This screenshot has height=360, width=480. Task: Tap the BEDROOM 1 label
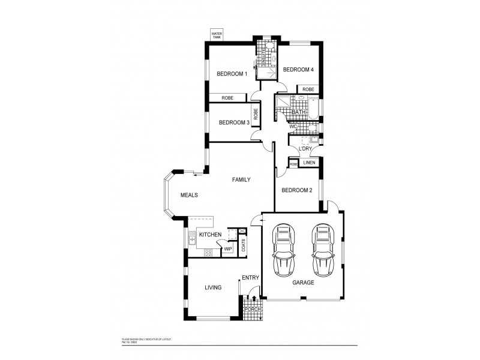pos(232,74)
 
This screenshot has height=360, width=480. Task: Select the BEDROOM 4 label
pos(298,70)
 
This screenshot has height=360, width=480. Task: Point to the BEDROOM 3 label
pos(234,122)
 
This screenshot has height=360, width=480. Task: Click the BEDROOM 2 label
pos(297,190)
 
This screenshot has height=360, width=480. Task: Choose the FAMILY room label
pos(242,179)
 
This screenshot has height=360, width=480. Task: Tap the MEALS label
pos(189,195)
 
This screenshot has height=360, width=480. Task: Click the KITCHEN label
pos(211,234)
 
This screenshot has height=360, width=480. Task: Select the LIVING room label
pos(213,287)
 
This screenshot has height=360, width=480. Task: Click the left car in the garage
pos(283,248)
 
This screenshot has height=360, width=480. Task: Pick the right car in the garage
pos(322,248)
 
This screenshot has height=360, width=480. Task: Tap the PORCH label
pos(251,309)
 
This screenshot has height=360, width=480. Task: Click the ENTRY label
pos(250,278)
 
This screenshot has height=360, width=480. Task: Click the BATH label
pos(299,112)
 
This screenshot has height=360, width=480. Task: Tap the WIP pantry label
pos(228,248)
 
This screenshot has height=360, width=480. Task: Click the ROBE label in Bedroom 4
pos(308,89)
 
